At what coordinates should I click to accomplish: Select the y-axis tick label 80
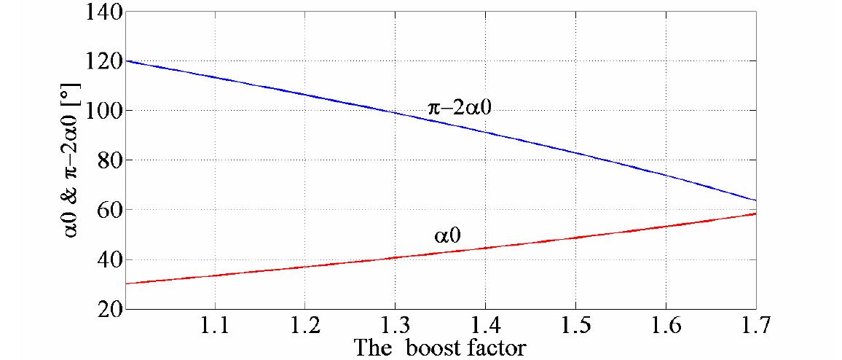point(109,160)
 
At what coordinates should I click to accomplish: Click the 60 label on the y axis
point(109,210)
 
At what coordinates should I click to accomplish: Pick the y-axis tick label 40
point(109,259)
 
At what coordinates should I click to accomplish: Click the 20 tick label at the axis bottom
point(109,309)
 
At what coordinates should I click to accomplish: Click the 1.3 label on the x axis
point(395,326)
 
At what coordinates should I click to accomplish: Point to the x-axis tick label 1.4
point(485,326)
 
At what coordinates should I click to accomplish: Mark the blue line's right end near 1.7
point(755,200)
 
